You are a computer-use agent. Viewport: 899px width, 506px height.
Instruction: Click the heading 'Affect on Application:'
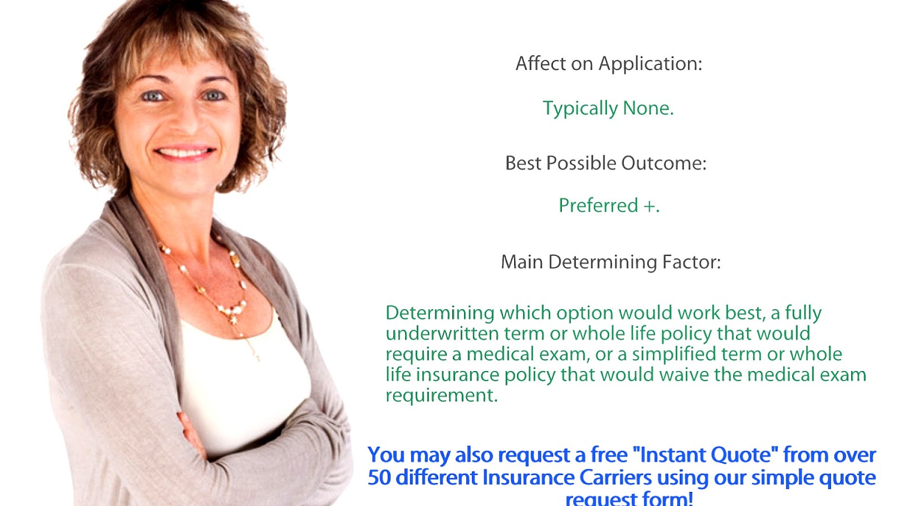click(609, 64)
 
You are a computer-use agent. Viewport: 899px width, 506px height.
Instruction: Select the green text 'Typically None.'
click(608, 108)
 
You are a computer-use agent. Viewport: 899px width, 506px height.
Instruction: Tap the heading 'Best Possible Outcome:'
click(606, 163)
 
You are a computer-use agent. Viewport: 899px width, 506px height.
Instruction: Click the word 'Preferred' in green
click(598, 205)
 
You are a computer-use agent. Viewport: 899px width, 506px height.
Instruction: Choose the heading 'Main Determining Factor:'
click(610, 262)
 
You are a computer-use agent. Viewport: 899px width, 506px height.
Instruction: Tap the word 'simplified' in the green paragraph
click(674, 354)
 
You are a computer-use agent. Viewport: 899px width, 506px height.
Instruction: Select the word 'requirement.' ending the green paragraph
click(441, 395)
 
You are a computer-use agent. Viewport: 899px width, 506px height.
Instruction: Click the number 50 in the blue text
click(379, 477)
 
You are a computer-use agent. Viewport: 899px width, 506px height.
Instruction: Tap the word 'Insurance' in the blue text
click(528, 477)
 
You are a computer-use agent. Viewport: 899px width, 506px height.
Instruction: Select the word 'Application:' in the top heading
click(650, 64)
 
